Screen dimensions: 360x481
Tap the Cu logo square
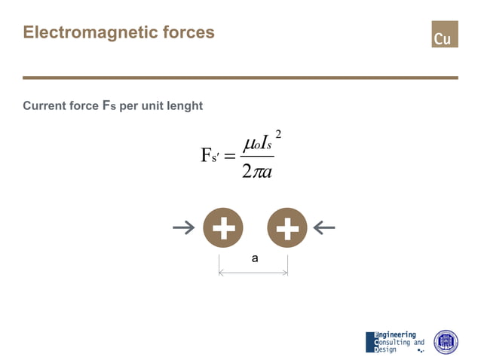(444, 35)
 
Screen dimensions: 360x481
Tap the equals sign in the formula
(231, 156)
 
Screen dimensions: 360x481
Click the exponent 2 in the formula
(278, 134)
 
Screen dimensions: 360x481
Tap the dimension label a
(255, 258)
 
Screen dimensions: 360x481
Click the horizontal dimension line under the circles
(253, 272)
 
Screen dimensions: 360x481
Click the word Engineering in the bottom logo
(396, 334)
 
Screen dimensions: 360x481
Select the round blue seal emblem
(446, 342)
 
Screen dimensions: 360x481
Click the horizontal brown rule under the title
(240, 78)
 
